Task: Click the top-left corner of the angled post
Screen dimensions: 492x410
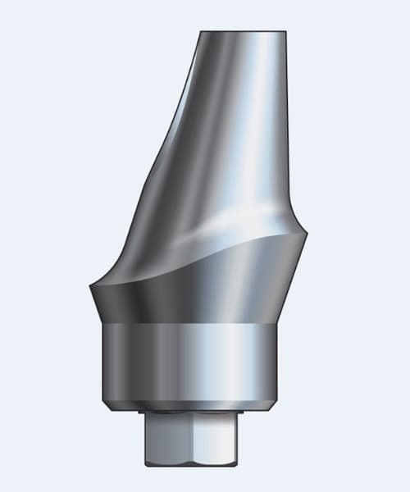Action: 201,34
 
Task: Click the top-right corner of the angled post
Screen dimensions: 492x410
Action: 287,34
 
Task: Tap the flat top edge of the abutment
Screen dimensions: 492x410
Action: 244,32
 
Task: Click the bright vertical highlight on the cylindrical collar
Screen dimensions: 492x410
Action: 238,361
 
